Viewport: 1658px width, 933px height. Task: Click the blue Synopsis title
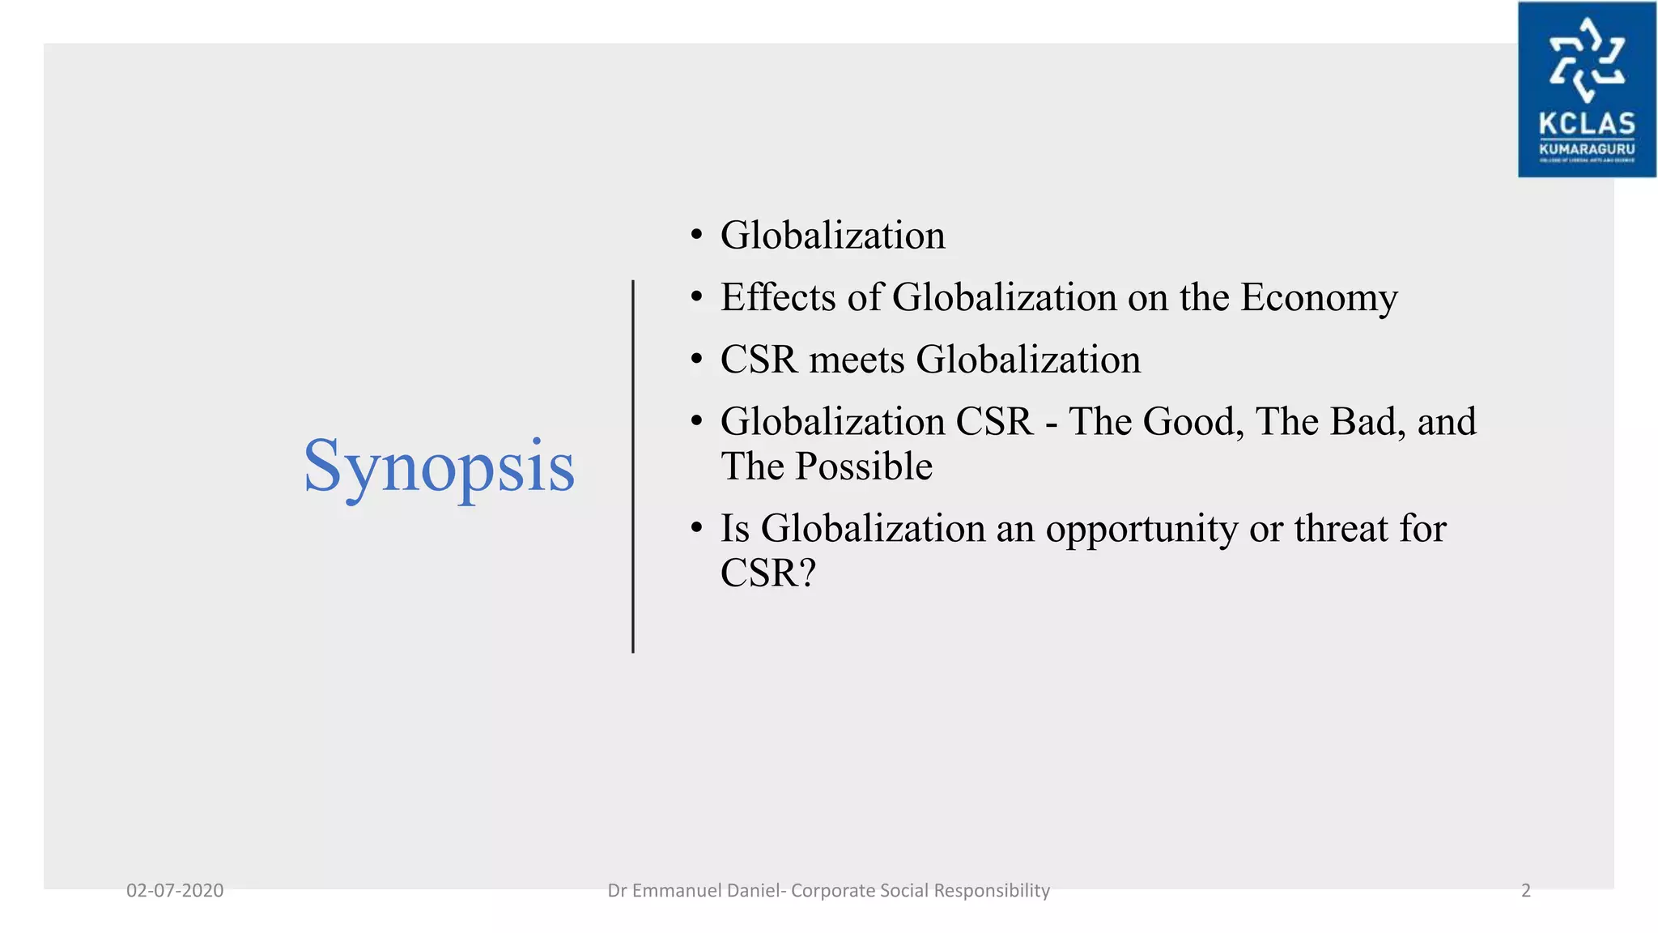point(439,466)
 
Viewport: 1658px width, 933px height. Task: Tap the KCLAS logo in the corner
point(1586,89)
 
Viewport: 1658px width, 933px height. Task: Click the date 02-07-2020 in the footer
point(175,891)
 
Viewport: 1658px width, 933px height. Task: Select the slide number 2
point(1525,891)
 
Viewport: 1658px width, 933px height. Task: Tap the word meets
point(857,360)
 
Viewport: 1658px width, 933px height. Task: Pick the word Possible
point(864,466)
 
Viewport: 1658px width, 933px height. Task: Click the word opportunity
point(1141,530)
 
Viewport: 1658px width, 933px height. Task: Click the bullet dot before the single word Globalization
point(696,236)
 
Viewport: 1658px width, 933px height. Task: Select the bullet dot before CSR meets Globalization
point(696,360)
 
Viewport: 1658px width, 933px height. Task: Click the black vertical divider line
point(633,466)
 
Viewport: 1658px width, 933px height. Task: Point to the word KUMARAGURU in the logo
point(1587,149)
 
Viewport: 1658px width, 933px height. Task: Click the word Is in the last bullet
point(734,529)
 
